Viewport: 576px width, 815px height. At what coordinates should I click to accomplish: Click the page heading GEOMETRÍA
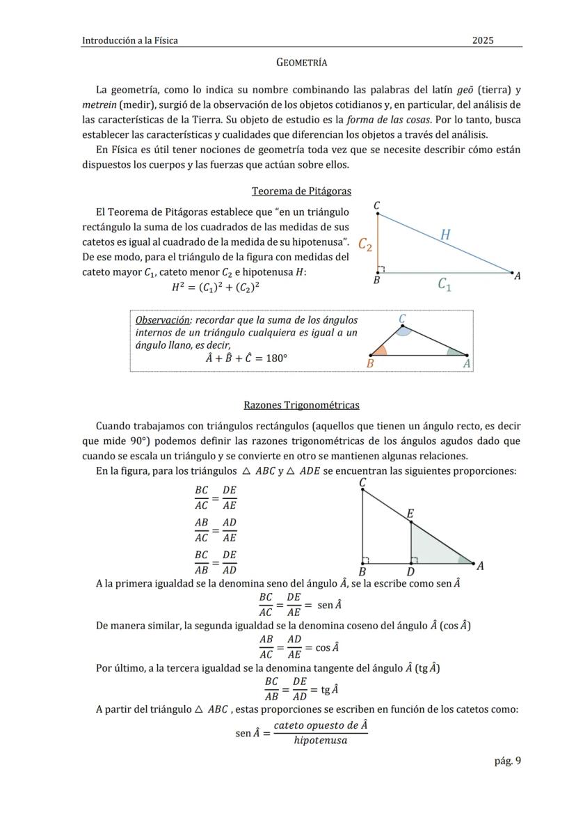point(301,63)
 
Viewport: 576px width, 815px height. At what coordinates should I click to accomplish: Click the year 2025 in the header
point(483,40)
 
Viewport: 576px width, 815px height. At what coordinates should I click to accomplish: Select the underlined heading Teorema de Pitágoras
point(301,191)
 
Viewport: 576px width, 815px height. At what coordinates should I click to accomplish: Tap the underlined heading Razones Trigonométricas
point(301,405)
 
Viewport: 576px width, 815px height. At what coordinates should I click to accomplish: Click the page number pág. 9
point(507,761)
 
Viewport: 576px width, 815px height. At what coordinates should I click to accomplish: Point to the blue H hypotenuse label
point(445,235)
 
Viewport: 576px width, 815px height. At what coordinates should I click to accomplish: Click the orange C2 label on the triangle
point(365,244)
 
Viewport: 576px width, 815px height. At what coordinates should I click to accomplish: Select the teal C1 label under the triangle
point(444,284)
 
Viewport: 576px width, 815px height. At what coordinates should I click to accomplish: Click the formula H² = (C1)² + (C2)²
point(216,287)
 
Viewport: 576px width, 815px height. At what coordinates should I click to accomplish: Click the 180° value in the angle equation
point(275,359)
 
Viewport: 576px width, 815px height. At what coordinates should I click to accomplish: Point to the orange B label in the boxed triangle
point(370,363)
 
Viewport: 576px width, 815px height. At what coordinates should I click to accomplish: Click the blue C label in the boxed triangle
point(402,319)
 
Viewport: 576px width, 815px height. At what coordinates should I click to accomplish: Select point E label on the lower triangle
point(410,514)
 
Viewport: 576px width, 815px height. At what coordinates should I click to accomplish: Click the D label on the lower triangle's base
point(410,572)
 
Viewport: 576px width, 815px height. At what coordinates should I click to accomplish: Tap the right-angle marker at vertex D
point(415,560)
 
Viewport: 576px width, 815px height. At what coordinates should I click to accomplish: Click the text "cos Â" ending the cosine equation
point(327,647)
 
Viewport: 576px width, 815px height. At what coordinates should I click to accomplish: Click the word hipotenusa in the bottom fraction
point(320,741)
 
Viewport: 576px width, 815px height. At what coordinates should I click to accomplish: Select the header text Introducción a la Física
point(130,40)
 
